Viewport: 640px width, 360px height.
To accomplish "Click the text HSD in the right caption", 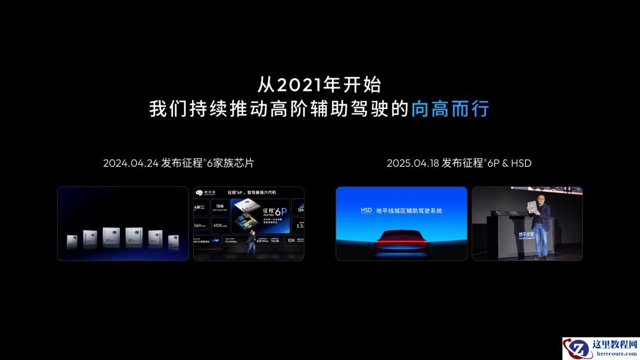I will pos(520,163).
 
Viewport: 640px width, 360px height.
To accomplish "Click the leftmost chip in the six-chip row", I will pos(72,241).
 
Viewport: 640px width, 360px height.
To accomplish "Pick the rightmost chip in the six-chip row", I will pos(174,241).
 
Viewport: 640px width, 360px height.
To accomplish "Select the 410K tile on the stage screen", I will pos(220,225).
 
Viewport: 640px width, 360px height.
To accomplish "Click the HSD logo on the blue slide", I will pos(366,211).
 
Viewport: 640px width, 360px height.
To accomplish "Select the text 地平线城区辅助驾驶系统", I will pos(408,211).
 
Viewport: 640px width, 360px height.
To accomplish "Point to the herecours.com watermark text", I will pos(615,353).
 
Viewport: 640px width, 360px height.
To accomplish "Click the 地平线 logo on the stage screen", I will pos(203,193).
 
